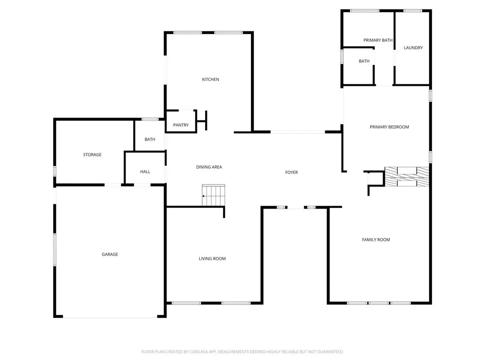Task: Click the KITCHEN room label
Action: pyautogui.click(x=210, y=80)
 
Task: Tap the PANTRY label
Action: pyautogui.click(x=181, y=125)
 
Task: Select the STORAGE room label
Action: pyautogui.click(x=92, y=155)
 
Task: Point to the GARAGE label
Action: pyautogui.click(x=110, y=255)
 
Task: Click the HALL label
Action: pyautogui.click(x=145, y=172)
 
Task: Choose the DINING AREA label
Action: pyautogui.click(x=209, y=167)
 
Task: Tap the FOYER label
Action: pyautogui.click(x=291, y=173)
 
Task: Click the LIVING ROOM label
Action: pyautogui.click(x=212, y=259)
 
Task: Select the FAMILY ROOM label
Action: pyautogui.click(x=376, y=240)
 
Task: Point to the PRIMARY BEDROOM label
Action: pyautogui.click(x=389, y=127)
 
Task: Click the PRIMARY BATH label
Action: pyautogui.click(x=378, y=40)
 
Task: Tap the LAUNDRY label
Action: pyautogui.click(x=413, y=48)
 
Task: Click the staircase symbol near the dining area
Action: pyautogui.click(x=213, y=195)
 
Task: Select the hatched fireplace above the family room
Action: pyautogui.click(x=406, y=176)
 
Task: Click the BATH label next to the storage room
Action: pyautogui.click(x=150, y=139)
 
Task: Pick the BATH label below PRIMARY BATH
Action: pyautogui.click(x=364, y=61)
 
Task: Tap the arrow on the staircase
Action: pyautogui.click(x=204, y=196)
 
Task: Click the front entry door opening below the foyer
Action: pyautogui.click(x=296, y=207)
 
